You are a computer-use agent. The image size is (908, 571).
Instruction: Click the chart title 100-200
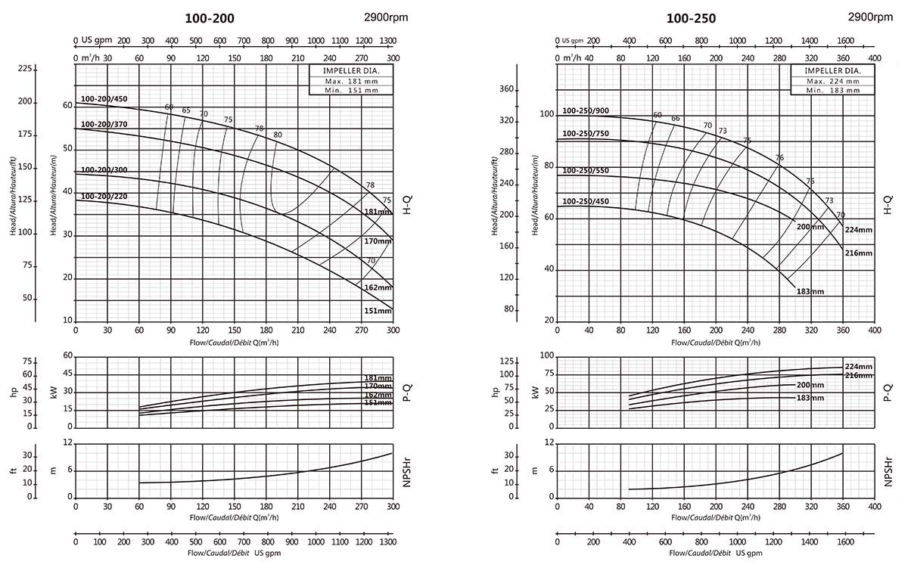tap(210, 18)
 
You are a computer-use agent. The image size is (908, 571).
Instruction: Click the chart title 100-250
tap(691, 18)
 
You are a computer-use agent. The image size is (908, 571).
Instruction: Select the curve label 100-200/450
tap(104, 98)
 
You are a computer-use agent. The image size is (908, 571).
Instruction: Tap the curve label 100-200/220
tap(104, 197)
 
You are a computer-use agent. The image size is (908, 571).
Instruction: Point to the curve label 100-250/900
tap(586, 111)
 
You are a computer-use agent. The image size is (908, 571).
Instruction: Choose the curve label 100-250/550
tap(586, 172)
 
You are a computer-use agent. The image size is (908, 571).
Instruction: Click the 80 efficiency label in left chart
tap(278, 135)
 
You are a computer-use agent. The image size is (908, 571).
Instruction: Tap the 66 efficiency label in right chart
tap(676, 119)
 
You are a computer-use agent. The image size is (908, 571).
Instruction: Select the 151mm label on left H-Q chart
tap(378, 311)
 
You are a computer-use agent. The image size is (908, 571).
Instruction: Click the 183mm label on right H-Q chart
tap(809, 291)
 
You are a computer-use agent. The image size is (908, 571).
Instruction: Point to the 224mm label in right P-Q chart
tap(858, 367)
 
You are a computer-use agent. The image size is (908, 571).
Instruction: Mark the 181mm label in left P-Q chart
tap(378, 377)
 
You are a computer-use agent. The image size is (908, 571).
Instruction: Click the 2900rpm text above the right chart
tap(870, 17)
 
